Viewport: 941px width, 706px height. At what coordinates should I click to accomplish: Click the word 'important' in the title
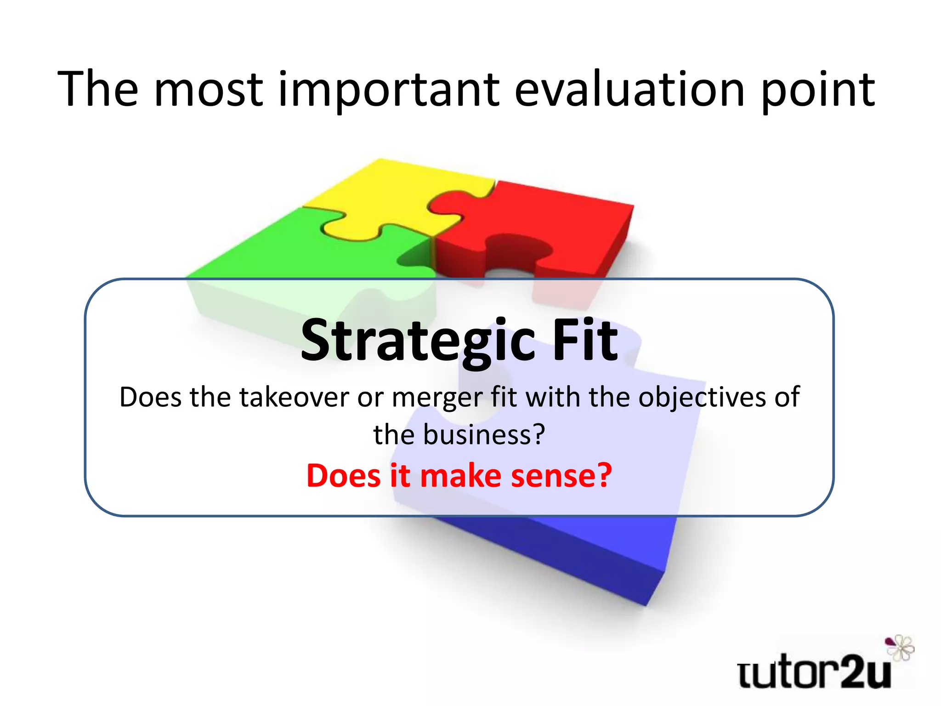(388, 90)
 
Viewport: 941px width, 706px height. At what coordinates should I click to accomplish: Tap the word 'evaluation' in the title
(629, 90)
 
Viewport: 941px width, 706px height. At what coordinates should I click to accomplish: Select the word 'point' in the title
(818, 90)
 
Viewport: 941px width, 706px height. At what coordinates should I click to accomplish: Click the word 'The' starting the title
(98, 90)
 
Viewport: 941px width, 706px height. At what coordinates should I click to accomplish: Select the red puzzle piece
(551, 216)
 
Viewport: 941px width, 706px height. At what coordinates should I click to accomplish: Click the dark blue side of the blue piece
(551, 552)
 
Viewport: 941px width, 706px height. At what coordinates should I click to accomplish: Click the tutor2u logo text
(813, 674)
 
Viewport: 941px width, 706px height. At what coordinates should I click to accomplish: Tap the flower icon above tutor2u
(901, 648)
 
